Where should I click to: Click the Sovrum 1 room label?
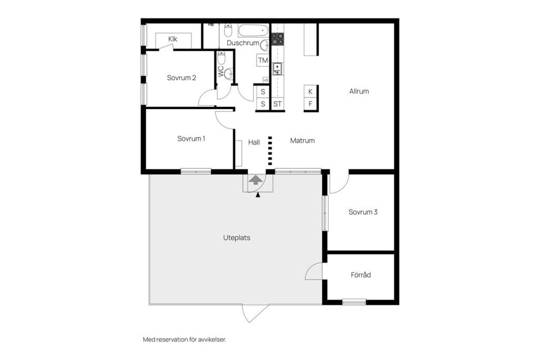pos(191,138)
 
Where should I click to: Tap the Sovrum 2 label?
pos(181,78)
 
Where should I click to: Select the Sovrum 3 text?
pos(362,212)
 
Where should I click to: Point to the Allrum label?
pos(359,91)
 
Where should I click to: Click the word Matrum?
pos(302,141)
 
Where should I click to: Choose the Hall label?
pos(254,142)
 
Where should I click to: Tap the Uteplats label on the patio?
pos(236,237)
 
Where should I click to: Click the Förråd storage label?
pos(361,275)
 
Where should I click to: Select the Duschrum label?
pos(243,43)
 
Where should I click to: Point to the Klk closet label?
pos(173,39)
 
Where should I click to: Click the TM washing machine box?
pos(263,60)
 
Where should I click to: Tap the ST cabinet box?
pos(277,104)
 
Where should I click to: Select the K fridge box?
pos(310,91)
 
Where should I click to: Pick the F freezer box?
pos(310,104)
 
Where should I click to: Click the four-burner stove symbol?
pos(277,39)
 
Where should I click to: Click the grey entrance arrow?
pos(256,181)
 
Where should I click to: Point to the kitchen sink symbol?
pos(277,69)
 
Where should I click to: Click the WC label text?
pos(221,71)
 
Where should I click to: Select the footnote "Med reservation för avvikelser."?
pos(184,339)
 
